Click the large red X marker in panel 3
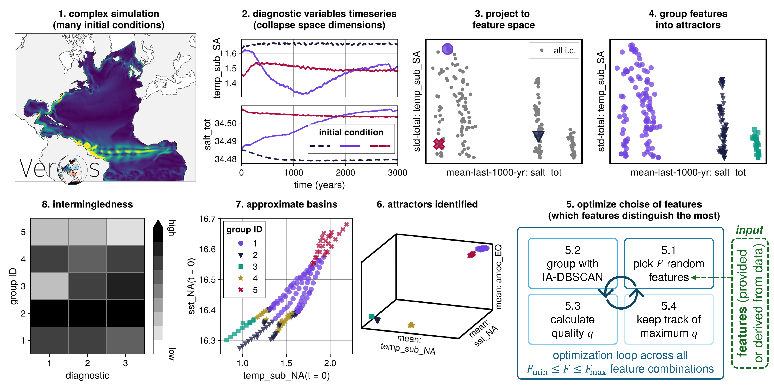coord(439,144)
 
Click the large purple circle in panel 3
coord(447,49)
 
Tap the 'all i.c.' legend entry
coord(554,51)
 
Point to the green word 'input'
coord(749,230)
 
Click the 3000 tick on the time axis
coord(397,172)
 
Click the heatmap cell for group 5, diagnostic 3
coord(125,232)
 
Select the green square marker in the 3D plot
coord(372,317)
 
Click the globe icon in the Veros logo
coord(72,169)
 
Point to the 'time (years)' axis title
coord(319,185)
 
